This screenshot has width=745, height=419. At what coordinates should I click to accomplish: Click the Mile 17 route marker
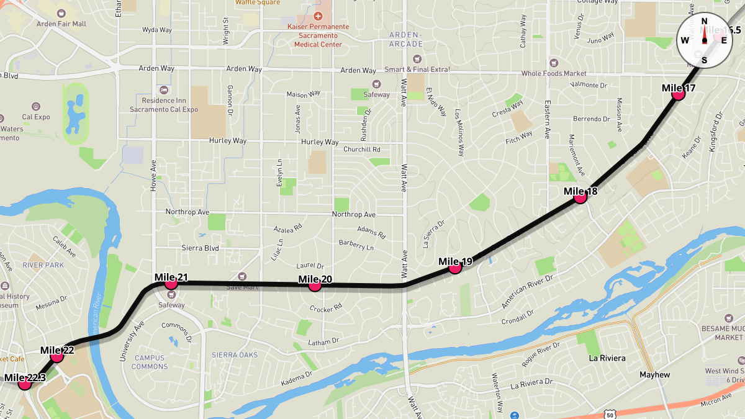(x=678, y=94)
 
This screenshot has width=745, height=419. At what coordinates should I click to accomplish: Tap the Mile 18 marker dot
(x=580, y=197)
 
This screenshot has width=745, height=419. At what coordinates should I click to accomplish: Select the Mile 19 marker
(x=455, y=268)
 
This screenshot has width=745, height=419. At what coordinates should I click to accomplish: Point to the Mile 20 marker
(x=315, y=286)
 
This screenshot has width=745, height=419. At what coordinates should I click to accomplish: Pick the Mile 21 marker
(x=171, y=284)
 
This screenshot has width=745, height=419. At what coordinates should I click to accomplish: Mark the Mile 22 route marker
(x=57, y=356)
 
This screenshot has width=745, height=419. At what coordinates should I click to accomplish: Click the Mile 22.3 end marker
(x=25, y=384)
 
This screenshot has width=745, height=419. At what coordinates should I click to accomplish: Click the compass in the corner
(x=705, y=40)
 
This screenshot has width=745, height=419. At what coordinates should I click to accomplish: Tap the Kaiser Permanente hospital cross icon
(x=318, y=16)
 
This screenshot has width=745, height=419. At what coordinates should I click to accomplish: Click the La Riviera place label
(x=607, y=358)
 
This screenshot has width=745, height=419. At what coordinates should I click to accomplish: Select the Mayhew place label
(x=655, y=375)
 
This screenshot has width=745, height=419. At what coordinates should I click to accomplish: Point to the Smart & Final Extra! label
(x=417, y=70)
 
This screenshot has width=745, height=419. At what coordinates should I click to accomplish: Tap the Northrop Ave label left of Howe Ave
(x=187, y=212)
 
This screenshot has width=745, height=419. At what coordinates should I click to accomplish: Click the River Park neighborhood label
(x=43, y=265)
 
